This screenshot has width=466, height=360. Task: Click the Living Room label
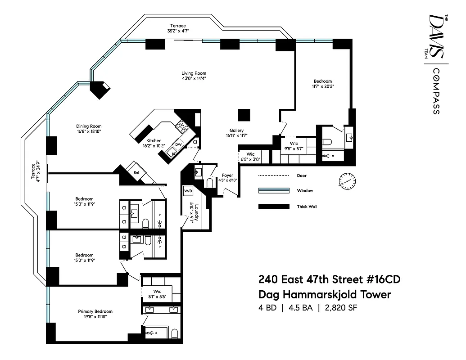[194, 73]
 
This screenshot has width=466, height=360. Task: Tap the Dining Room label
[89, 126]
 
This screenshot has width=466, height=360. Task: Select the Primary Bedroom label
[95, 311]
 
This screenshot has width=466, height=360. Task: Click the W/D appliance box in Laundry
[188, 191]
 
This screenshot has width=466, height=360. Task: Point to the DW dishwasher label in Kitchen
[178, 144]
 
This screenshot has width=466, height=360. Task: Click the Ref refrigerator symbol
[135, 171]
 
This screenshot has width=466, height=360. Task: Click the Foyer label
[227, 175]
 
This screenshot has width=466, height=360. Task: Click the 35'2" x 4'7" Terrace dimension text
[177, 31]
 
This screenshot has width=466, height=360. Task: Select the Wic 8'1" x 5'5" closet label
[157, 294]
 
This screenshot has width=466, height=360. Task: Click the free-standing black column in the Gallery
[243, 115]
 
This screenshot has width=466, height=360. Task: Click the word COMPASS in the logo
[435, 91]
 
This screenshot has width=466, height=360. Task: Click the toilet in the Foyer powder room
[209, 183]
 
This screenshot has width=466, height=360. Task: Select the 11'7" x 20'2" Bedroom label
[323, 84]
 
